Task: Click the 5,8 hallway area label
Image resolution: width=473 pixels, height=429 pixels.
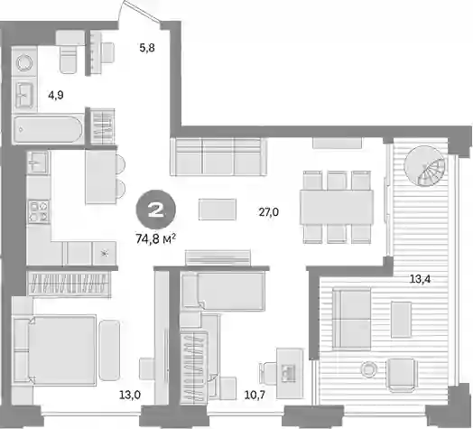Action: (x=147, y=48)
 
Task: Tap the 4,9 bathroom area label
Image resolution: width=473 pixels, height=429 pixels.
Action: (x=56, y=96)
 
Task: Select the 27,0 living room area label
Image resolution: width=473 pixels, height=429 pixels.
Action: (x=269, y=212)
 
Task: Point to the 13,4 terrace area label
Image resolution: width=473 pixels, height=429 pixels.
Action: (x=420, y=279)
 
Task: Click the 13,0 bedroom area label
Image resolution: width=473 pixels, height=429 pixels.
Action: (x=130, y=395)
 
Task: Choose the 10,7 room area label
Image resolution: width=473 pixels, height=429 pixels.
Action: (x=255, y=395)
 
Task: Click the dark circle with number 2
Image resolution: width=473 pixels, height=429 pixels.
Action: (x=155, y=210)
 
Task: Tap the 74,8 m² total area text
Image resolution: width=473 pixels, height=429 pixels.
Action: (x=156, y=239)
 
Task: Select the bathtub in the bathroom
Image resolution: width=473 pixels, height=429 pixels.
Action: (x=48, y=129)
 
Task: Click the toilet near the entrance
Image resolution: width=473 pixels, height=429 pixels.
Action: (x=70, y=51)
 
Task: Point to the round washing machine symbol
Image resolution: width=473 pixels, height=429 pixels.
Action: (x=24, y=63)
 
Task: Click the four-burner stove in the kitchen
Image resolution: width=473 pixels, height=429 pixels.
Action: (x=39, y=211)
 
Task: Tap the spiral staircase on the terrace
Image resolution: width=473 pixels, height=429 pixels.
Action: (x=424, y=166)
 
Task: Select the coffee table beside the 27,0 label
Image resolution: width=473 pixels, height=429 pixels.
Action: (x=218, y=210)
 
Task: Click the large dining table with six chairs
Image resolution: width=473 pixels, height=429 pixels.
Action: (x=337, y=207)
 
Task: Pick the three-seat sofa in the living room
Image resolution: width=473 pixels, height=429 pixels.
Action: (x=218, y=156)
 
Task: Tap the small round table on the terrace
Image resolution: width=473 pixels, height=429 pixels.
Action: (x=368, y=369)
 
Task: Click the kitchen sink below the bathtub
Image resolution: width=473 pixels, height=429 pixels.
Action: (x=37, y=163)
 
